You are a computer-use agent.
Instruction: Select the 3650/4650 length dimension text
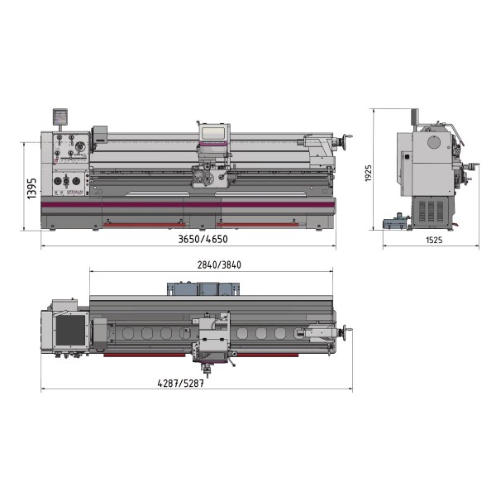coord(202,240)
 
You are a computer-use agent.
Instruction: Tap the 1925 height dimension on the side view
coord(368,174)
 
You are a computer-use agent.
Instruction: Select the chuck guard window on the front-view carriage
coord(213,133)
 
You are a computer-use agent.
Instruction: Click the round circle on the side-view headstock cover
coord(433,141)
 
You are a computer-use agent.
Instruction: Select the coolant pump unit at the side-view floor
coord(395,223)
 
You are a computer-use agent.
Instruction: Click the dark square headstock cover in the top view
coord(70,330)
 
